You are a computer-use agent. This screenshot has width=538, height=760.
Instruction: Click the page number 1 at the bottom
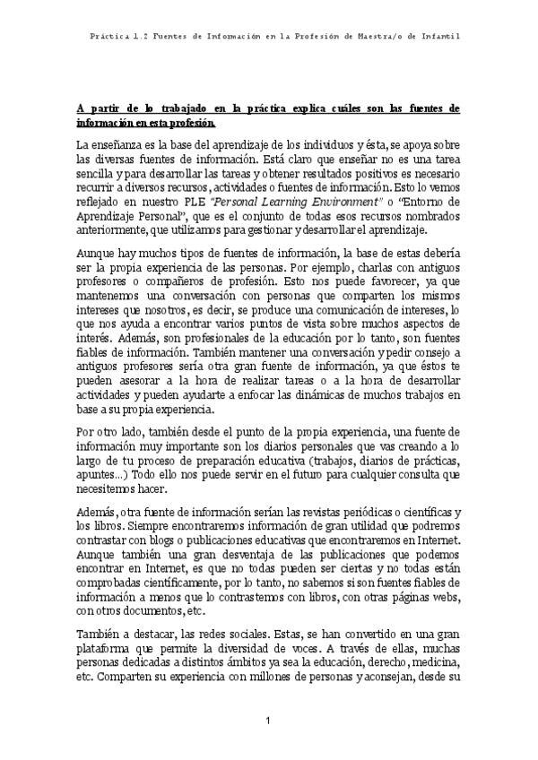pyautogui.click(x=269, y=721)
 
